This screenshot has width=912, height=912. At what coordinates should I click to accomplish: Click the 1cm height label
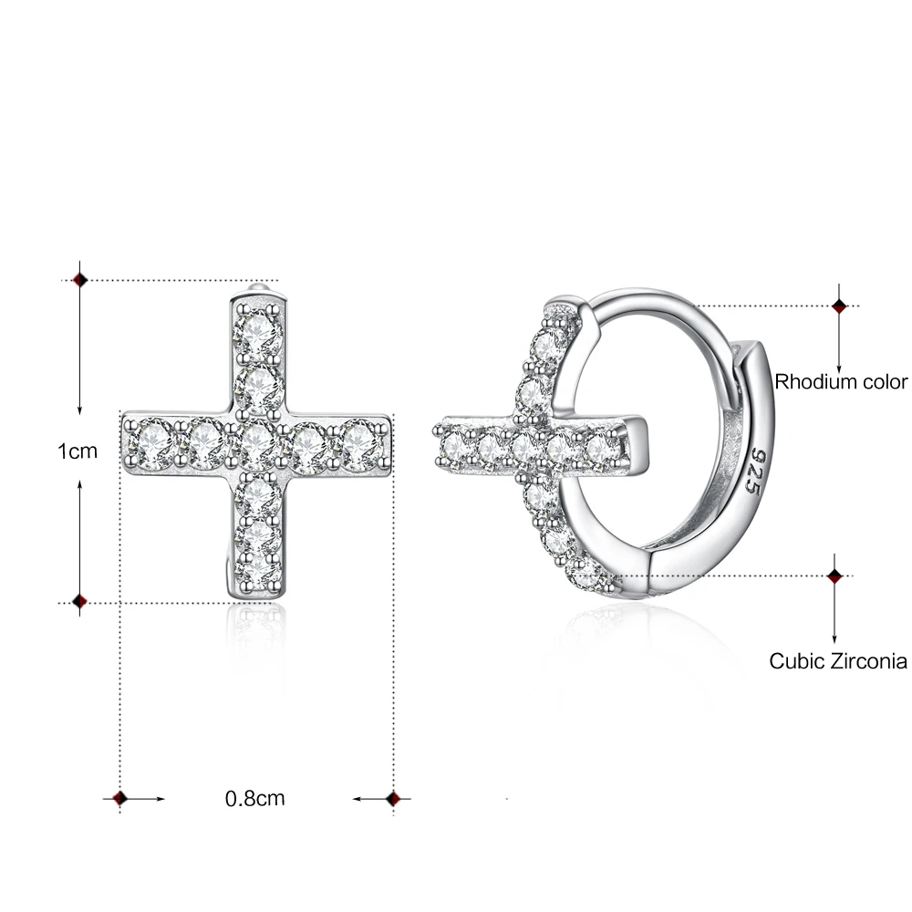[x=77, y=451]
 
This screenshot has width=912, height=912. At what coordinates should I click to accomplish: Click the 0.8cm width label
[x=255, y=799]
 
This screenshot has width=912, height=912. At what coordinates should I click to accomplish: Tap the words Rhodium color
[x=841, y=381]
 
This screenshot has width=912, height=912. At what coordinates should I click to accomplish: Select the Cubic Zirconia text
[x=838, y=661]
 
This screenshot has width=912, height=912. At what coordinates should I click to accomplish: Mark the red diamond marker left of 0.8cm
[x=119, y=799]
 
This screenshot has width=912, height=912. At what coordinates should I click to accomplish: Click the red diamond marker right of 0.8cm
[x=393, y=799]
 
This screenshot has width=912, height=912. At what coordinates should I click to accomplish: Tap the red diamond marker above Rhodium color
[x=840, y=306]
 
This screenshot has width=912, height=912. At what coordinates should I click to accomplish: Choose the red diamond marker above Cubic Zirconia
[x=834, y=575]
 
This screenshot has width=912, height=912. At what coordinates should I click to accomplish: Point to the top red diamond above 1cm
[x=79, y=280]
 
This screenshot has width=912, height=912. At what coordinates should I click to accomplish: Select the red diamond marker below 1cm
[x=79, y=602]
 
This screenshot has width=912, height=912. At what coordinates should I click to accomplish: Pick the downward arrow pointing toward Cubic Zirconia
[x=834, y=629]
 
